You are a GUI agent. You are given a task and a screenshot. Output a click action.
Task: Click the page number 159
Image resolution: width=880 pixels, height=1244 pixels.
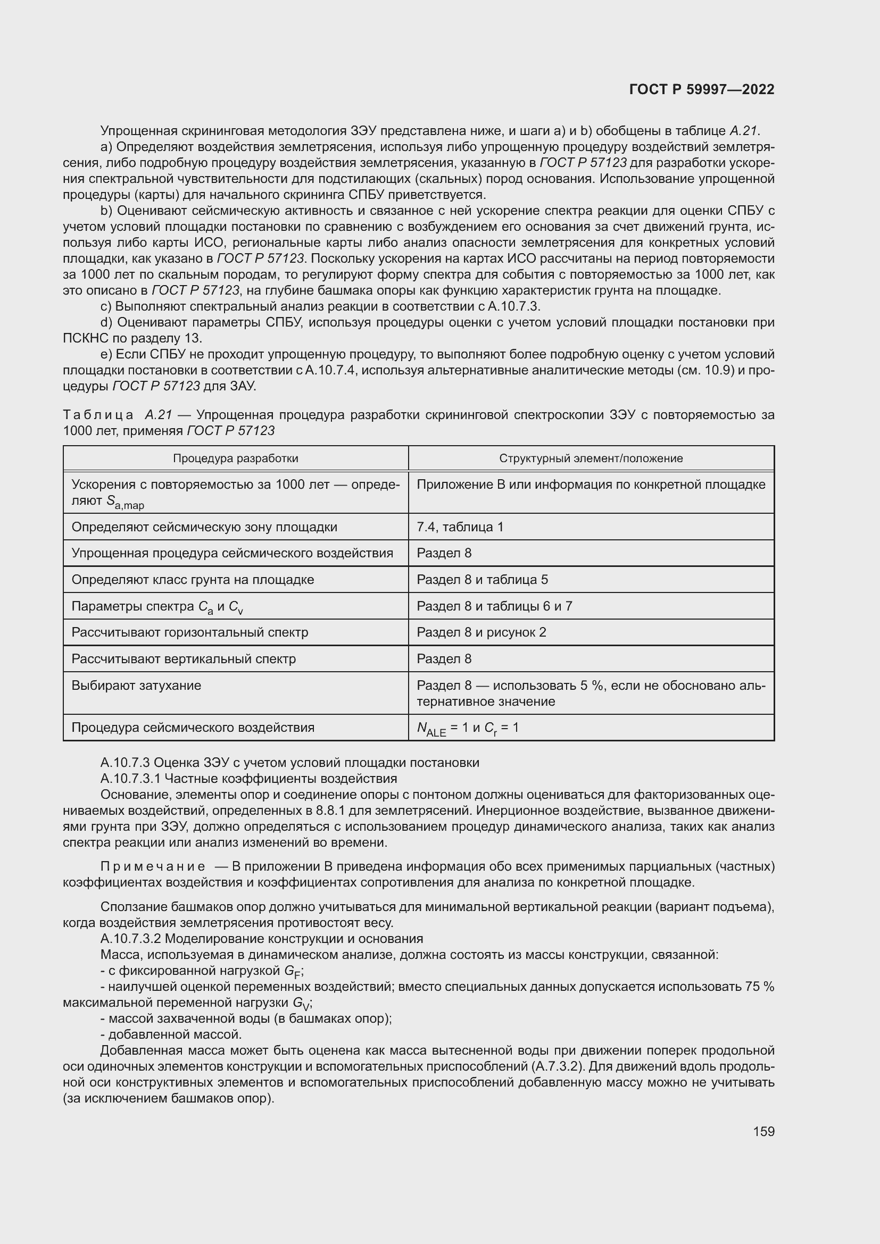pos(763,1131)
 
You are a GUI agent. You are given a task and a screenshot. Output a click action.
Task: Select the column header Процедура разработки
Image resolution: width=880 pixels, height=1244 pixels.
pos(235,458)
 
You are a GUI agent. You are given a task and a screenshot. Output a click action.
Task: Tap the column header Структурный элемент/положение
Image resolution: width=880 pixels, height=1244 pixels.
pos(591,458)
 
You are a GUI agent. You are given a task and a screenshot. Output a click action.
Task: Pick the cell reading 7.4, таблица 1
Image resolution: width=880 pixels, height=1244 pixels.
pos(460,527)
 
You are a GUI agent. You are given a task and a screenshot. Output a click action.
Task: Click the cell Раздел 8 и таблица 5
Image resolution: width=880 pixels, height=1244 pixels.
pos(481,580)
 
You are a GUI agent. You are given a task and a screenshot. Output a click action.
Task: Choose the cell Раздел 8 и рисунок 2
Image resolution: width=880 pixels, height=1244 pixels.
pos(480,632)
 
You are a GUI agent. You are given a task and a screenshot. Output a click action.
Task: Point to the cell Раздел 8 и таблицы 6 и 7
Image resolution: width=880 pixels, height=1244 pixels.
pos(494,606)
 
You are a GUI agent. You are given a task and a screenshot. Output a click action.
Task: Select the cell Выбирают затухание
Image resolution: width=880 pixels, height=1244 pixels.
pos(136,686)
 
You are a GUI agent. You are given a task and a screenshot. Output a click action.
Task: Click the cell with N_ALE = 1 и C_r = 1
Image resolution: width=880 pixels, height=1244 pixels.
pos(467,728)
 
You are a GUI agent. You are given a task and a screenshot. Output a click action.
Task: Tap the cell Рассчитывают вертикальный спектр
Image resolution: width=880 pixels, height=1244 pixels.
pos(183,659)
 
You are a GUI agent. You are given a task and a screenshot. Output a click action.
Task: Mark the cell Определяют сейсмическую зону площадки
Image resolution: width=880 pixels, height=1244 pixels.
pos(204,527)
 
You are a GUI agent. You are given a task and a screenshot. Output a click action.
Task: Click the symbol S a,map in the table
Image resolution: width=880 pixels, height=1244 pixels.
pos(124,502)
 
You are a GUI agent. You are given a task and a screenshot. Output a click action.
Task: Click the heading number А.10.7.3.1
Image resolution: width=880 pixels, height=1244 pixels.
pos(130,779)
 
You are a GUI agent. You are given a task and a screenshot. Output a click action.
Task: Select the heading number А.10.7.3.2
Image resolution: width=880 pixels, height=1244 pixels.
pos(130,938)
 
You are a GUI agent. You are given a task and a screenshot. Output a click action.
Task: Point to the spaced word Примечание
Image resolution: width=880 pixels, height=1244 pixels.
pos(152,866)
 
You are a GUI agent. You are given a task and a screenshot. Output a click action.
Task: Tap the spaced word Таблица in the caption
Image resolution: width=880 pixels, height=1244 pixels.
pos(97,415)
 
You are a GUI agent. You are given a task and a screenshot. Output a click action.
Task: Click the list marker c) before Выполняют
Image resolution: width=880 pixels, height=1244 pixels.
pos(106,306)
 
